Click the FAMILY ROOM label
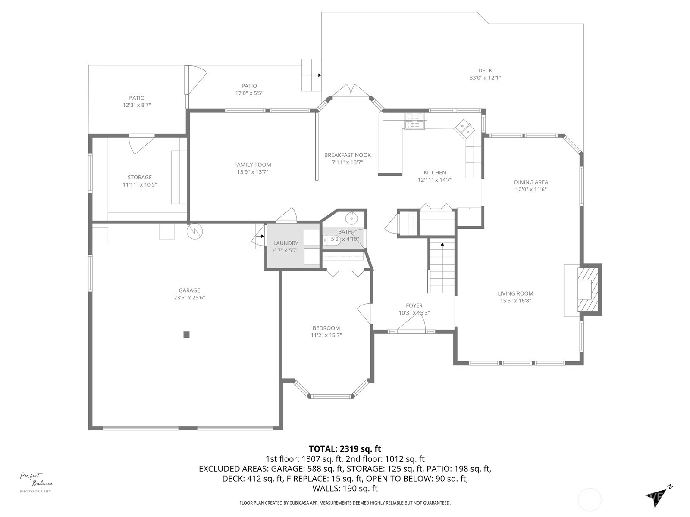pos(252,165)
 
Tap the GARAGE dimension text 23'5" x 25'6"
pos(189,298)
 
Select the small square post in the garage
pos(186,335)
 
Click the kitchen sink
pos(464,128)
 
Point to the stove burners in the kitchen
pos(414,121)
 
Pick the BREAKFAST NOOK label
pos(347,155)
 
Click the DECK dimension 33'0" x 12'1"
pos(485,78)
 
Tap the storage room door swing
pos(141,144)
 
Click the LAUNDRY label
pos(286,243)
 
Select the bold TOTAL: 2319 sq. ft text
pos(345,448)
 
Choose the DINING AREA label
pos(531,182)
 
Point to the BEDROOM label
pos(326,328)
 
